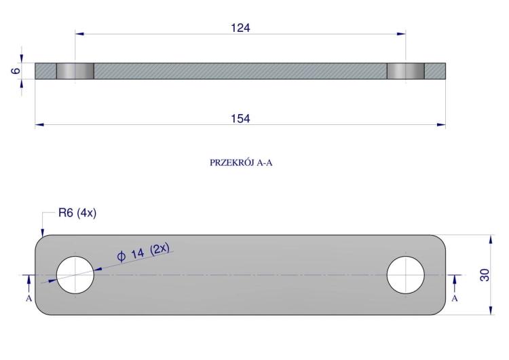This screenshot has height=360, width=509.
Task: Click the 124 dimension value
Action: (240, 28)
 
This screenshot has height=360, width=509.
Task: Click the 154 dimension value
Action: (240, 119)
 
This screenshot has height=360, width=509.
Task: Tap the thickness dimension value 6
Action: (16, 71)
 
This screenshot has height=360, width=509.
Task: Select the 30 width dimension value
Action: (485, 275)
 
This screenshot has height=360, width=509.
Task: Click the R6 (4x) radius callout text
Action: (77, 213)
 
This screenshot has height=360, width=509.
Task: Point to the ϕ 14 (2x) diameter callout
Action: (143, 252)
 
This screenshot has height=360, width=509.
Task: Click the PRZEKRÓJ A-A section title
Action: (241, 162)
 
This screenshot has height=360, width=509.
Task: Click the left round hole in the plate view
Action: (75, 275)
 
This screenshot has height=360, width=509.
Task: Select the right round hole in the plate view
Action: (405, 275)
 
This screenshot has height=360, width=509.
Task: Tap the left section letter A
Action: (29, 298)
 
